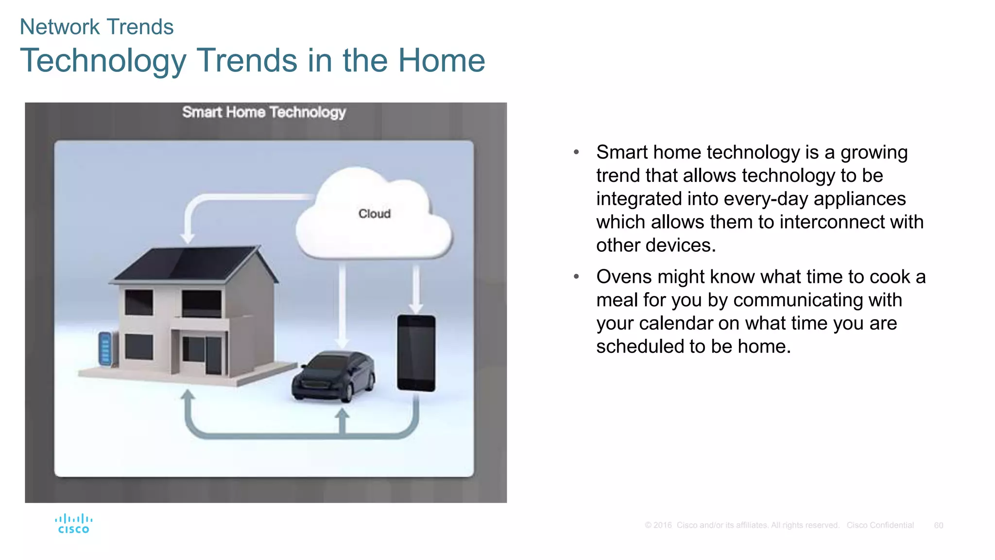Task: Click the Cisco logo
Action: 73,524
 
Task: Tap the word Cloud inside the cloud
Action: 374,214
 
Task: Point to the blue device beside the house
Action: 105,348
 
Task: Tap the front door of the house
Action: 213,355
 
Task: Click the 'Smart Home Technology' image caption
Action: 264,112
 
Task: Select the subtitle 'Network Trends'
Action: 96,27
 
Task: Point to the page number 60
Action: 938,525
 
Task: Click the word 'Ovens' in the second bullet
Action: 624,277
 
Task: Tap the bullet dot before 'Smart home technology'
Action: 576,152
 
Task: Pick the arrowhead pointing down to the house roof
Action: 188,238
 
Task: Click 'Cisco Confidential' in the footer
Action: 880,525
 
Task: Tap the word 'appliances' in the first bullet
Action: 859,199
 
